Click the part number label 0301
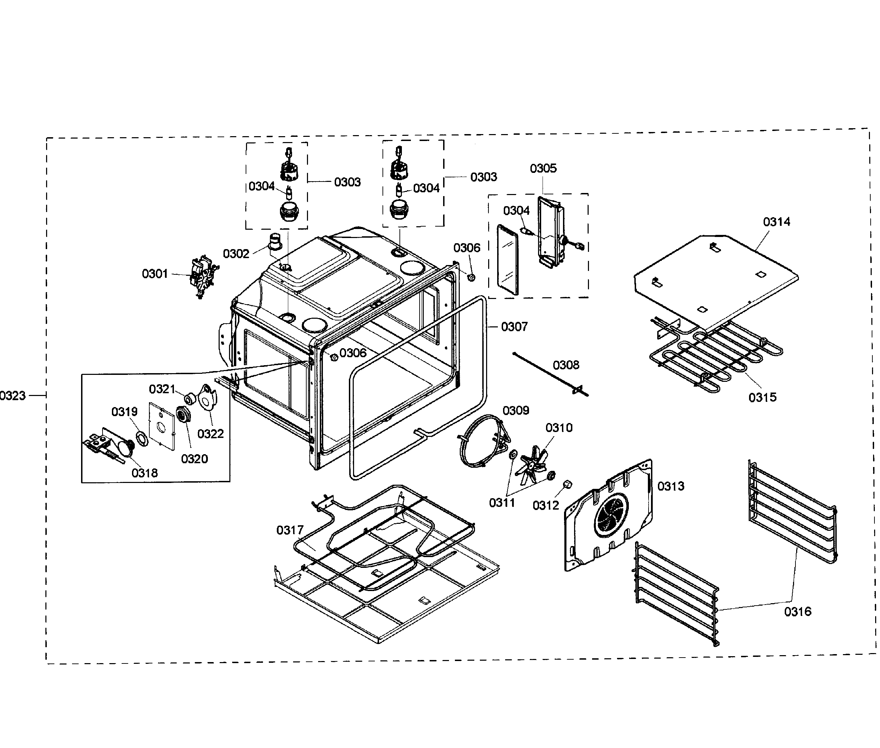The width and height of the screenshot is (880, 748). pyautogui.click(x=155, y=274)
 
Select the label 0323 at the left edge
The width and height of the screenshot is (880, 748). pyautogui.click(x=13, y=396)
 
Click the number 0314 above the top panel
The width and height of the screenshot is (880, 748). pyautogui.click(x=776, y=222)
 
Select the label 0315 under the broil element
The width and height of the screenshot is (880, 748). pyautogui.click(x=762, y=397)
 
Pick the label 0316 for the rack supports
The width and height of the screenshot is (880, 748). pyautogui.click(x=797, y=611)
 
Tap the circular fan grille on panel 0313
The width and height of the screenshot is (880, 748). pyautogui.click(x=611, y=515)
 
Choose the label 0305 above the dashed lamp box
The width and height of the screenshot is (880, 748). pyautogui.click(x=543, y=168)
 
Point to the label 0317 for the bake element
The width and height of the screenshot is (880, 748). pyautogui.click(x=290, y=530)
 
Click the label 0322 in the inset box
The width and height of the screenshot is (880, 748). pyautogui.click(x=210, y=434)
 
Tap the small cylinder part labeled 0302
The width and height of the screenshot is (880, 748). pyautogui.click(x=276, y=241)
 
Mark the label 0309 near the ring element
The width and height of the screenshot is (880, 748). pyautogui.click(x=516, y=411)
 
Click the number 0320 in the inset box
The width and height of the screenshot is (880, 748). pyautogui.click(x=194, y=459)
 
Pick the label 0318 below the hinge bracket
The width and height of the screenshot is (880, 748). pyautogui.click(x=144, y=473)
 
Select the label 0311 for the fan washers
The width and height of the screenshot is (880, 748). pyautogui.click(x=502, y=503)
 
